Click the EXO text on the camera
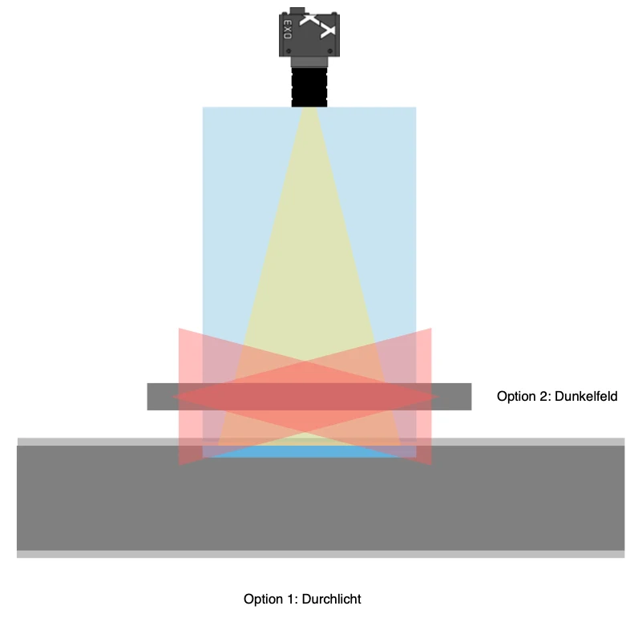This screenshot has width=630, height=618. tap(288, 30)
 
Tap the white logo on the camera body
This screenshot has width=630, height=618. tap(318, 26)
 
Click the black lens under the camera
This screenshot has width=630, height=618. tap(309, 87)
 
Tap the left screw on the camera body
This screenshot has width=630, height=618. tap(289, 51)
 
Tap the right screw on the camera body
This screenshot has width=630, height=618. tap(330, 51)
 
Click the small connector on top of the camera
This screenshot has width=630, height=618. tap(297, 10)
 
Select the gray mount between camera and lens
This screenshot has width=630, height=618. tap(309, 62)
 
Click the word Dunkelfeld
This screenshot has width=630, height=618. tap(586, 397)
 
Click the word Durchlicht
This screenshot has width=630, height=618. tap(332, 599)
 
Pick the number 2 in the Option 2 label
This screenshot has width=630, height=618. tap(544, 397)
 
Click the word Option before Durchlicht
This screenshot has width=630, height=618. tap(263, 600)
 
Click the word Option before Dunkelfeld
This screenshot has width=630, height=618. tap(517, 397)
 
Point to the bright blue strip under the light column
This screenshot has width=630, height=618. tap(309, 451)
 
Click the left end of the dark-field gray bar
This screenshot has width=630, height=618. tap(147, 397)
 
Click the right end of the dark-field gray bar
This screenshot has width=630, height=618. tap(471, 397)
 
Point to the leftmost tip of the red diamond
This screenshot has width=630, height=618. tap(173, 397)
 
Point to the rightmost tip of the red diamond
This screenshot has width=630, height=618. tap(439, 397)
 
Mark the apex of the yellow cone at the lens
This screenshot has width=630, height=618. tap(309, 107)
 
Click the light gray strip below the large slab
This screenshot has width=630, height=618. tap(321, 554)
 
